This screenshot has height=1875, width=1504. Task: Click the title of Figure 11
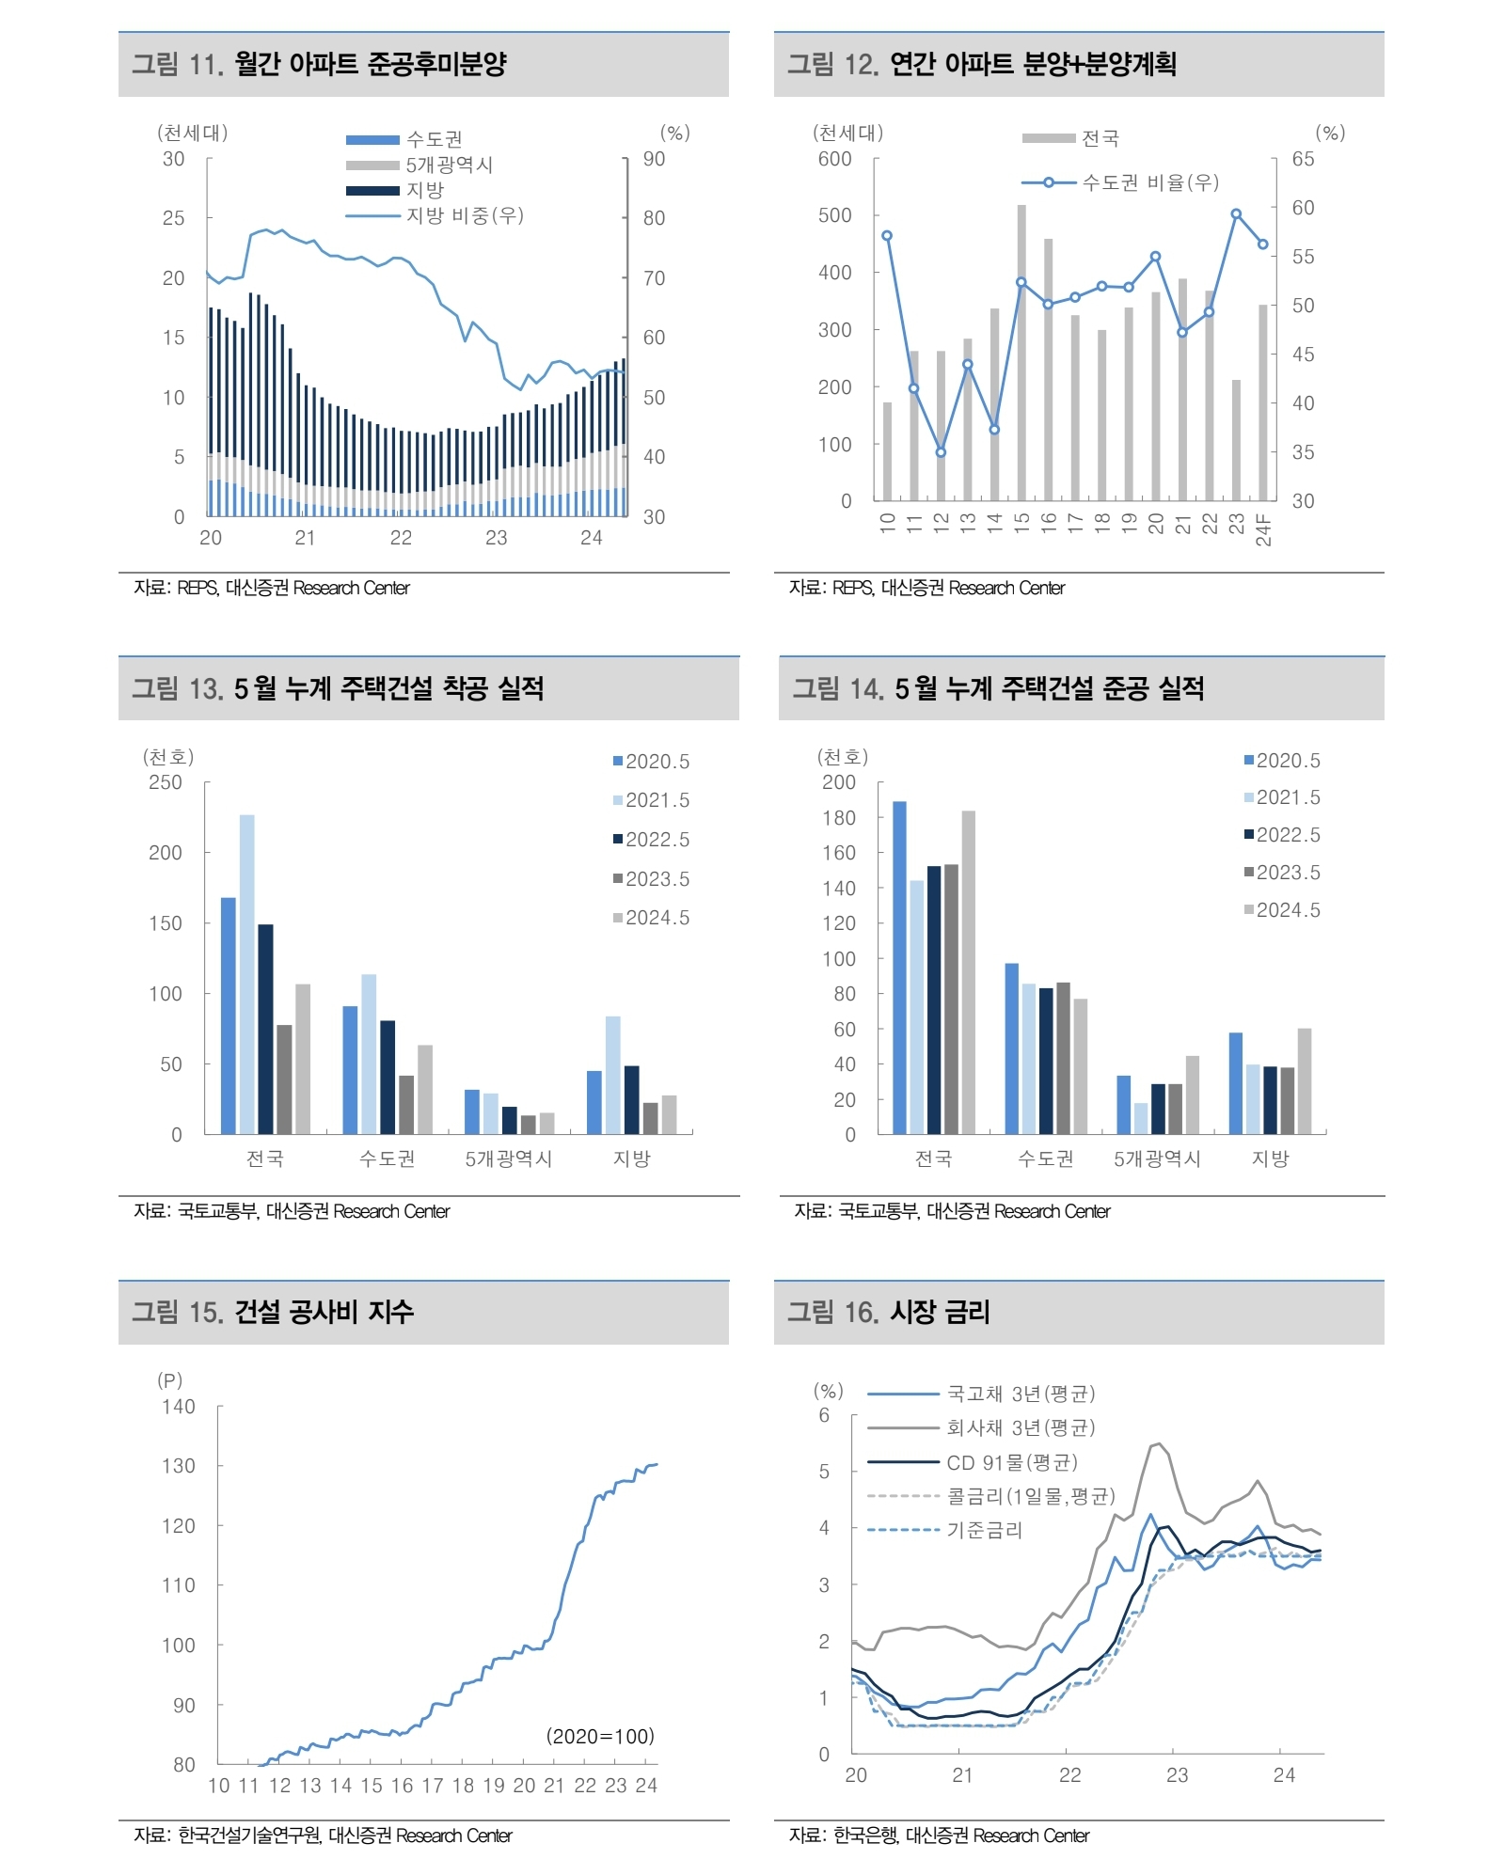pyautogui.click(x=319, y=64)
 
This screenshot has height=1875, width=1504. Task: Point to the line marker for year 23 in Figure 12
pyautogui.click(x=1236, y=214)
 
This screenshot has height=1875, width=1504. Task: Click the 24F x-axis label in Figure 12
pyautogui.click(x=1263, y=529)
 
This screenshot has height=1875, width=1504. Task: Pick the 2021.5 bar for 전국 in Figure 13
pyautogui.click(x=246, y=973)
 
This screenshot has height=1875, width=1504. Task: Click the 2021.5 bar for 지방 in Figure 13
pyautogui.click(x=612, y=1074)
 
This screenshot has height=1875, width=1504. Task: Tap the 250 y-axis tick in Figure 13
pyautogui.click(x=166, y=782)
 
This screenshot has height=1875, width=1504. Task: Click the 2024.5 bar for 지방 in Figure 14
pyautogui.click(x=1304, y=1080)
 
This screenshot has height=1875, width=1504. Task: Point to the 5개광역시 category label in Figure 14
pyautogui.click(x=1157, y=1158)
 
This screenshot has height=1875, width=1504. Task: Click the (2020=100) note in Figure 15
pyautogui.click(x=600, y=1736)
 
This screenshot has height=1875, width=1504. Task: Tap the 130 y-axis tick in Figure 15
pyautogui.click(x=178, y=1466)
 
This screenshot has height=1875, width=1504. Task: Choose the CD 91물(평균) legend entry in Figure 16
pyautogui.click(x=1011, y=1462)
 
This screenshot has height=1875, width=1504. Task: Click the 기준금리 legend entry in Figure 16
pyautogui.click(x=984, y=1530)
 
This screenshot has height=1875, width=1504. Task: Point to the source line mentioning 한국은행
pyautogui.click(x=939, y=1835)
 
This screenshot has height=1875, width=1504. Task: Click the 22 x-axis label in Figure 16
pyautogui.click(x=1069, y=1774)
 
